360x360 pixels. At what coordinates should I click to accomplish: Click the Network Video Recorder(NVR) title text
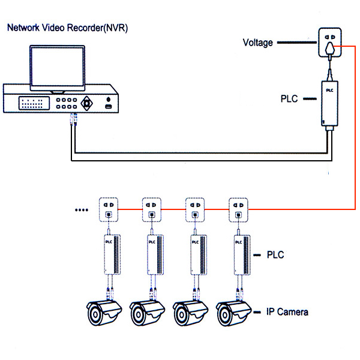[x=67, y=28]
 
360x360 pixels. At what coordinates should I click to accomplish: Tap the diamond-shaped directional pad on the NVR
[x=88, y=103]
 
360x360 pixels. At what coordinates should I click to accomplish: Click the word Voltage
[x=257, y=43]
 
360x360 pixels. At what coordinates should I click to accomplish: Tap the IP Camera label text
[x=287, y=312]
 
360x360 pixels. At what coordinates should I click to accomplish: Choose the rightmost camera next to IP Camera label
[x=233, y=313]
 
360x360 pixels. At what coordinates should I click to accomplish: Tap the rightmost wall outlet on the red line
[x=237, y=209]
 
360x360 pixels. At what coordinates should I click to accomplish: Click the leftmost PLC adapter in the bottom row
[x=110, y=255]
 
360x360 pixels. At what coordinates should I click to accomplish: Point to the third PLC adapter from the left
[x=197, y=255]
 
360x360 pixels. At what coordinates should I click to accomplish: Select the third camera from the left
[x=190, y=313]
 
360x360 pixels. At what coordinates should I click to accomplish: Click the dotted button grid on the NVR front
[x=34, y=103]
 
